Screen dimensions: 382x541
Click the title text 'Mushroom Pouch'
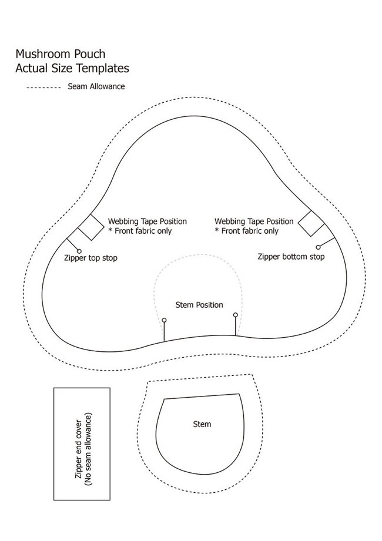[x=61, y=54]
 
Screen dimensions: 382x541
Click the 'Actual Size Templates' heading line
[x=72, y=68]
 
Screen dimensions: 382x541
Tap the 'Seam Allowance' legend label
[x=96, y=86]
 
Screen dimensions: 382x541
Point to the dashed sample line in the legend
[x=43, y=88]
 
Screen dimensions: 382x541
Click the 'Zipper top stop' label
[x=91, y=258]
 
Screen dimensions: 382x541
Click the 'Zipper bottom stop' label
[x=291, y=257]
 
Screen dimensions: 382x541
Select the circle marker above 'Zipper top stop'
[x=79, y=251]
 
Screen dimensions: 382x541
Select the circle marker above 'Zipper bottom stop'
[x=318, y=247]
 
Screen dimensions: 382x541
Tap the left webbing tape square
[x=91, y=227]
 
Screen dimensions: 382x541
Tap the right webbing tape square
[x=311, y=223]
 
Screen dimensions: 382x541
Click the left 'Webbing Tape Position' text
[x=148, y=221]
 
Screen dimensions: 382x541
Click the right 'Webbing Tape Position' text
[x=254, y=221]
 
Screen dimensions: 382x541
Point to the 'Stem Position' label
[x=199, y=305]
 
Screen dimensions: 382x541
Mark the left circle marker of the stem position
[x=164, y=320]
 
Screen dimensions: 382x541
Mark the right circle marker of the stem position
[x=235, y=315]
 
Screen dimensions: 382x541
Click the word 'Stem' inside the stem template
[x=202, y=424]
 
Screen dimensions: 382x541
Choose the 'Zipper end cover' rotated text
[x=79, y=449]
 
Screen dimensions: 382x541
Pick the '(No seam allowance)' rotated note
[x=88, y=449]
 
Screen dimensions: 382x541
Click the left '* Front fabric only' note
[x=140, y=231]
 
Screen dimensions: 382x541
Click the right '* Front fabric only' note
[x=247, y=231]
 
